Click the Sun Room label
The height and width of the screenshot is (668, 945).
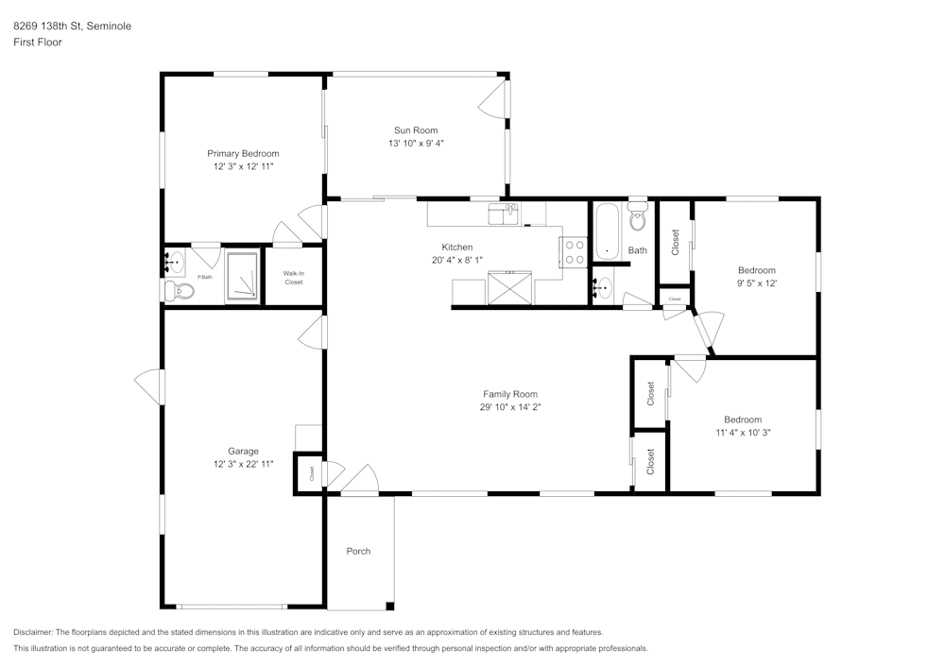pos(416,130)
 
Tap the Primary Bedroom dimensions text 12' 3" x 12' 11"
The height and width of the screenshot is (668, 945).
pos(244,166)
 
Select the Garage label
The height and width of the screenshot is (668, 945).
pos(243,451)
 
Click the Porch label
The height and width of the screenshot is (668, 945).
pos(358,551)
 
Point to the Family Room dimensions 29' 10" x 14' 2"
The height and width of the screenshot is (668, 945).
pos(510,407)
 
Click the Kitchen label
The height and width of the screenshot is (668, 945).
pos(456,247)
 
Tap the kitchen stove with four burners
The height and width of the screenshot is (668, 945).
pos(573,251)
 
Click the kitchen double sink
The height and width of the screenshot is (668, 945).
pos(504,214)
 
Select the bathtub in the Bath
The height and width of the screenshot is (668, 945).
pos(607,231)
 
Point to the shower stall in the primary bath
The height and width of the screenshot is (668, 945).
pos(242,277)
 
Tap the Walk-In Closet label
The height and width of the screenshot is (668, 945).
pos(294,278)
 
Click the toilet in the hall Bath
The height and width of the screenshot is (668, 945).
pos(637,217)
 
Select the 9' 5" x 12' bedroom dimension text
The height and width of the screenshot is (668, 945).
pos(757,283)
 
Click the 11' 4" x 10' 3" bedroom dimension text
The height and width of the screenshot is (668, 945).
pos(743,433)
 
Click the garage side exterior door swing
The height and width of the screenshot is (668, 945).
pos(149,386)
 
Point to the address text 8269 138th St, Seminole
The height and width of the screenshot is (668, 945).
pos(73,26)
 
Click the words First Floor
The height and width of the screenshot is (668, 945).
pos(38,43)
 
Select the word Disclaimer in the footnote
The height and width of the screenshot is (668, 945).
pos(33,632)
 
